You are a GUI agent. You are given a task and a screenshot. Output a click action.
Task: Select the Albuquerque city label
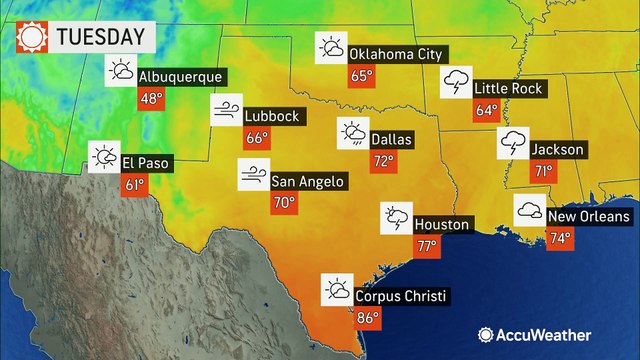point(180,76)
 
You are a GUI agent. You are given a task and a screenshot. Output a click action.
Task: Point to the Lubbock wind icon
point(226,109)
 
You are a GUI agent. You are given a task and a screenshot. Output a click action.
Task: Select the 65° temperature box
point(360,77)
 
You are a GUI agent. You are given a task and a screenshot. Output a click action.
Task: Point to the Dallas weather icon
point(352,133)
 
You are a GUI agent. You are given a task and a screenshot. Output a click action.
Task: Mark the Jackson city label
point(558,149)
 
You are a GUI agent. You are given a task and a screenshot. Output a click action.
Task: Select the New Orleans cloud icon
point(529,210)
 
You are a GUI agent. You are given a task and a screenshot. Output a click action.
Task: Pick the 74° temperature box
point(560,239)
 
